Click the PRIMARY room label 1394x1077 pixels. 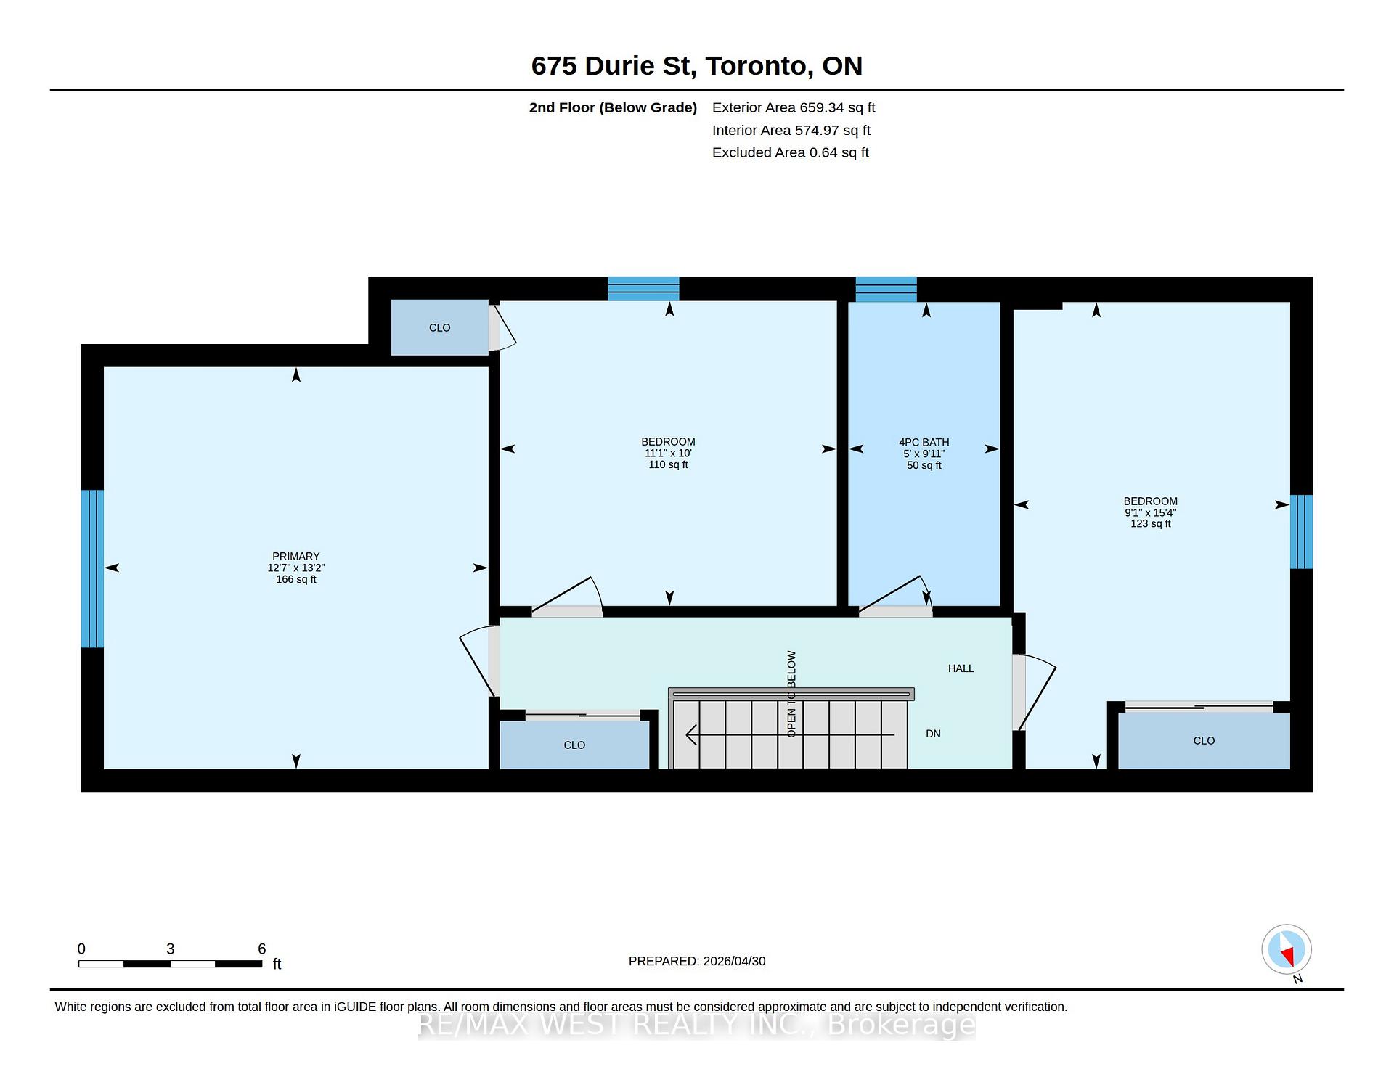[295, 557]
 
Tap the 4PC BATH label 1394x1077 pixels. [924, 442]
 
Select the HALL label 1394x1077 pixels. [961, 668]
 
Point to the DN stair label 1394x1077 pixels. [933, 734]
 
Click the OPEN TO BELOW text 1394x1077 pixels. [791, 694]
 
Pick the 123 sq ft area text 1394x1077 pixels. [1151, 523]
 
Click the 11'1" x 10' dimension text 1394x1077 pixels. [668, 453]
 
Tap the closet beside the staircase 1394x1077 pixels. [574, 745]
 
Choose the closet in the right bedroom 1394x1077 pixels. [1204, 740]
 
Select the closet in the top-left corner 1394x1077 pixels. [439, 327]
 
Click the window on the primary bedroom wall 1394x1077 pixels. [92, 568]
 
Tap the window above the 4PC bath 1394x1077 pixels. [886, 289]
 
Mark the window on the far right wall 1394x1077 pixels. [1301, 532]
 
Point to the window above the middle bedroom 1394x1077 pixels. [643, 289]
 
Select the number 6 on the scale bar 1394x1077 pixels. [262, 949]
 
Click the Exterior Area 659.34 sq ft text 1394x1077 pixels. [794, 107]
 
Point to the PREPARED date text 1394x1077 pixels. [697, 961]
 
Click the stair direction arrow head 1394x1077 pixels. [691, 735]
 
